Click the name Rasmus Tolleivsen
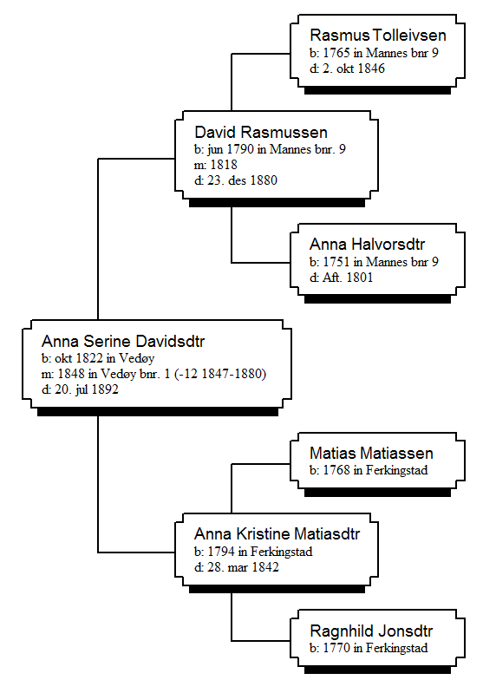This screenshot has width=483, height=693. coord(378,35)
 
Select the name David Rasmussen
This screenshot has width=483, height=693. coord(261,132)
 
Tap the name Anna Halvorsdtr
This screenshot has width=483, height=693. coord(367,244)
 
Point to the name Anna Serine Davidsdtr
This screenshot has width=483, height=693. coord(123,341)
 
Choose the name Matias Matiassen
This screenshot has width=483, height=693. coord(371,453)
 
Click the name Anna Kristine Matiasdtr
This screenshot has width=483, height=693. coord(277,534)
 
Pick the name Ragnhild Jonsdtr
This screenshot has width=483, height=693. coord(371,631)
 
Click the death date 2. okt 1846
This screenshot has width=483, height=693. coord(354,69)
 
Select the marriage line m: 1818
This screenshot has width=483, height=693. coord(216,165)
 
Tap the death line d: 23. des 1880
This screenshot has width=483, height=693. coord(236,180)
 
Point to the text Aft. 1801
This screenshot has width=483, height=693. coord(348,278)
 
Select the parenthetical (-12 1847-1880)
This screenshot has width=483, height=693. coord(220,374)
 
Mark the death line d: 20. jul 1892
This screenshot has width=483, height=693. coord(80,389)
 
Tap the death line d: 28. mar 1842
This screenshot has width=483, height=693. coord(237,567)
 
